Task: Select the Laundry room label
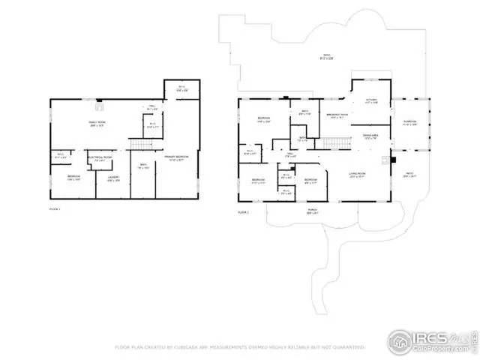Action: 113,179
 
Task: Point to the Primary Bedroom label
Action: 175,158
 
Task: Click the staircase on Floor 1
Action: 137,144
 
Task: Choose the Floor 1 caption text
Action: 54,209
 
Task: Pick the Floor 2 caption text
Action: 243,212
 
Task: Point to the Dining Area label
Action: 370,136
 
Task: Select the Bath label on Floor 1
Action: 142,166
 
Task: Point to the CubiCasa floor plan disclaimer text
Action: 239,348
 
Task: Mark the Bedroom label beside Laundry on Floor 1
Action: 73,178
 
